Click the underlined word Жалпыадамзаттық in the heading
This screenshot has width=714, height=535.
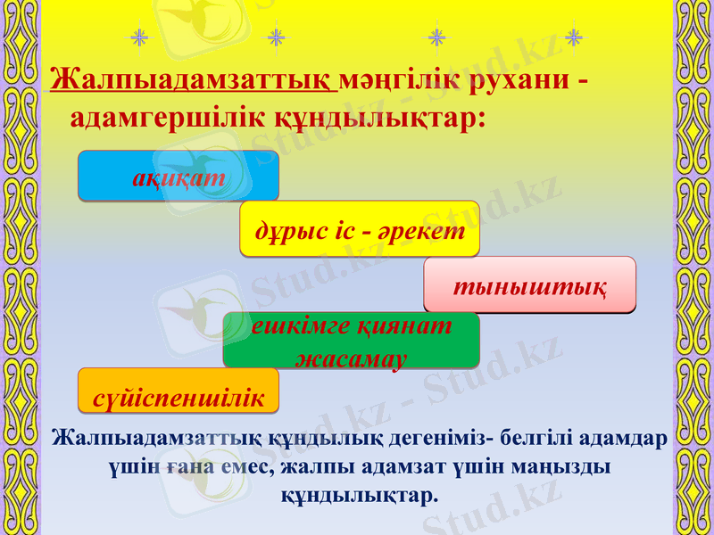[x=194, y=78]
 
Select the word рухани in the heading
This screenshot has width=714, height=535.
[x=516, y=78]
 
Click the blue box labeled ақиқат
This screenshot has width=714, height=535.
[x=178, y=176]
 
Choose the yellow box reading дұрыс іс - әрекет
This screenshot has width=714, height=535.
[x=360, y=229]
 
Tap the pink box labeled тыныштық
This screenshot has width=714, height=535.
[x=529, y=285]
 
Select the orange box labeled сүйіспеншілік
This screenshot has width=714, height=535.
[x=178, y=393]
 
